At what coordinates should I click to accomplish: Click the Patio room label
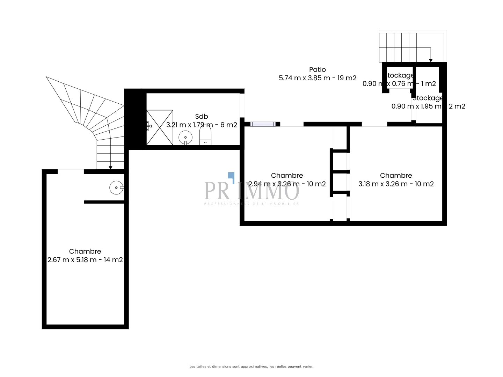coord(317,69)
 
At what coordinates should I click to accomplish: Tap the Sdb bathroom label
coord(202,117)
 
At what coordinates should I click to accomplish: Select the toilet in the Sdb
coord(205,136)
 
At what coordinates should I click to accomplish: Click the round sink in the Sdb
coord(185,138)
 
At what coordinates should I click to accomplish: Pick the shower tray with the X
coord(160,127)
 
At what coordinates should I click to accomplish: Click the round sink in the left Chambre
coord(116,188)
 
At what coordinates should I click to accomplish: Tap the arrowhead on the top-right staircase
coord(431,60)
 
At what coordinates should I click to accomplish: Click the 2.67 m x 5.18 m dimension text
coord(85,260)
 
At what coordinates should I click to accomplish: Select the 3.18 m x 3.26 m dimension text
coord(396,184)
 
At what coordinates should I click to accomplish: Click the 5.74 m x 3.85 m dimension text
coord(317,78)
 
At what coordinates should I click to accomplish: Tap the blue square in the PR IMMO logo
coord(231,176)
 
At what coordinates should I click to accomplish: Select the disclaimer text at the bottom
coord(251,367)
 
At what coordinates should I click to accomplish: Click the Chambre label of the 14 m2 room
coord(85,251)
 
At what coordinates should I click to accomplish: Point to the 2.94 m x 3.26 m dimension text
coord(287,184)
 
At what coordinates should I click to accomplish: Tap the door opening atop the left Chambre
coord(71,171)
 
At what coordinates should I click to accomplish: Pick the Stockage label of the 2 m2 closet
coord(428,98)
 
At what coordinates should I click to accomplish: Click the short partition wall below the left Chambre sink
coord(104,202)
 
